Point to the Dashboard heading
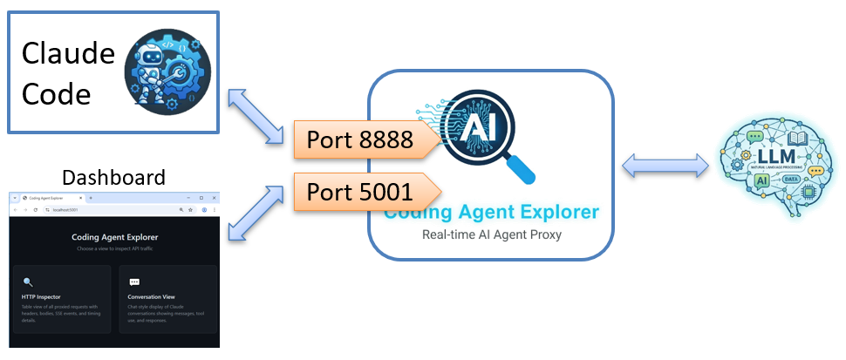click(113, 178)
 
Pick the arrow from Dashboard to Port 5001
click(257, 214)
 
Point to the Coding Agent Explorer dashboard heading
click(114, 237)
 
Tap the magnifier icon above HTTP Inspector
click(28, 282)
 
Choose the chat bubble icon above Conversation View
click(134, 282)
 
